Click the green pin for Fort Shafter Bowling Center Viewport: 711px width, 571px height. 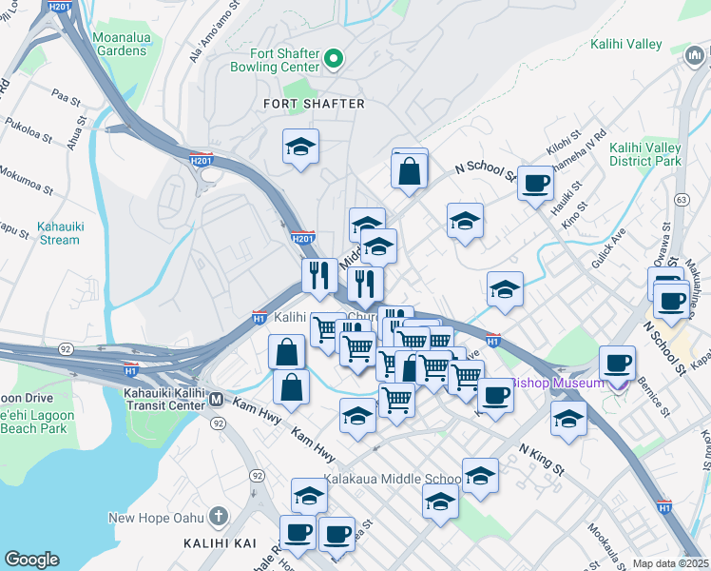tap(333, 60)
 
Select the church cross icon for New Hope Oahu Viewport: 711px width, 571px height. tap(218, 518)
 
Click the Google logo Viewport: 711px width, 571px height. tap(31, 560)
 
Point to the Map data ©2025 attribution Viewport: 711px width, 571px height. tap(670, 563)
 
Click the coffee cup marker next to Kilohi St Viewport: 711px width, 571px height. tap(535, 181)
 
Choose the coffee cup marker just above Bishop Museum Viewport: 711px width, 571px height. tap(617, 362)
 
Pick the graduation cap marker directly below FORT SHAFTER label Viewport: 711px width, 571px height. tap(301, 148)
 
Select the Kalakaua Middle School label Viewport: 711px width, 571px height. tap(392, 479)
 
